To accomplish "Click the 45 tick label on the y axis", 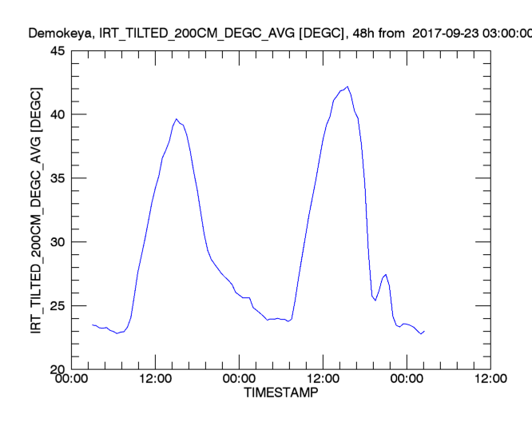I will point(58,51).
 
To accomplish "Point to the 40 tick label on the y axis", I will point(58,114).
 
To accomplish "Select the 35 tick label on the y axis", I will point(58,178).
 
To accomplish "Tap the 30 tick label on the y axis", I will point(58,242).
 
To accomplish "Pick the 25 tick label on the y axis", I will point(58,306).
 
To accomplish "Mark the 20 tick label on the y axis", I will point(58,369).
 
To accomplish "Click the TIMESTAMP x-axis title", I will point(280,394).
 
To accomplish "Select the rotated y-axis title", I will point(37,210).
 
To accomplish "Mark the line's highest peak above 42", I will point(347,86).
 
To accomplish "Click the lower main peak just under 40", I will point(177,119).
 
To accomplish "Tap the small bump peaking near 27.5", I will point(387,275).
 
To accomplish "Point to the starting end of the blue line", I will point(93,324).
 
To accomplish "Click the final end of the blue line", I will point(424,331).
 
